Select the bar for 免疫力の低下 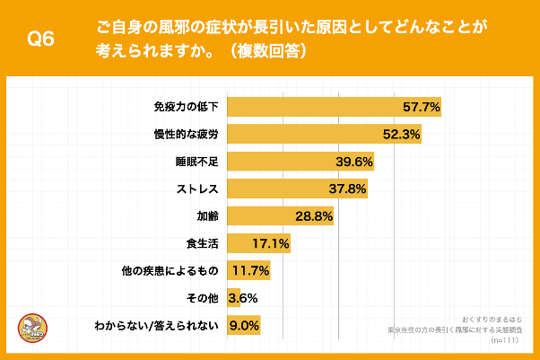(314, 107)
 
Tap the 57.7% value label (421, 107)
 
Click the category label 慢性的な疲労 (187, 135)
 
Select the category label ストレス (197, 189)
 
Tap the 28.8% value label (314, 216)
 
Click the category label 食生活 (203, 243)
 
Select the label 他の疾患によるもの (170, 270)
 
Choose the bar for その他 (233, 297)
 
